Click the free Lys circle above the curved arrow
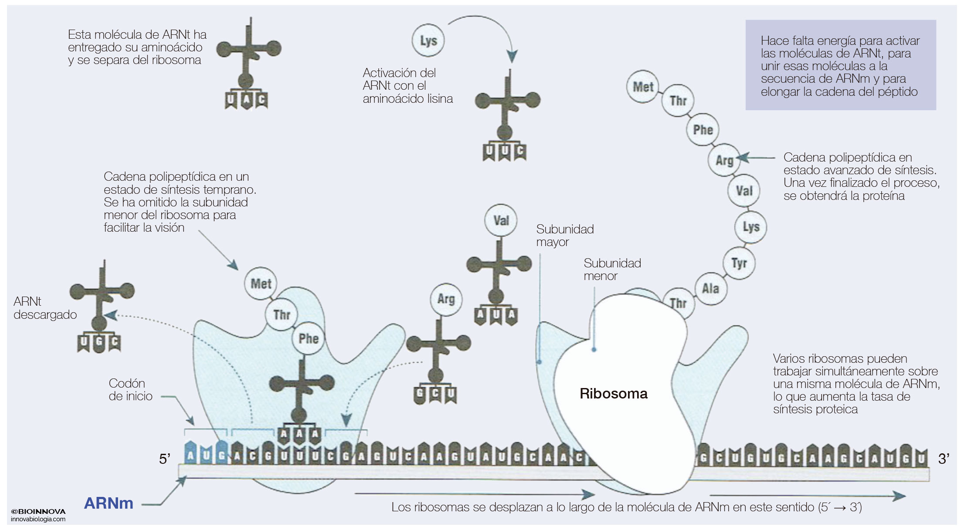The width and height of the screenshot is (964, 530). (428, 41)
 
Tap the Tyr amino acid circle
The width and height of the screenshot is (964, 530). (739, 263)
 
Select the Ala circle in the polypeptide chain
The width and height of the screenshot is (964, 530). (710, 288)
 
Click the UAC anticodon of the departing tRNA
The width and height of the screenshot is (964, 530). (246, 101)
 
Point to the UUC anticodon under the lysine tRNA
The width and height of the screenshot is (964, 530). (504, 152)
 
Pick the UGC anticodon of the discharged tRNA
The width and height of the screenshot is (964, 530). (99, 342)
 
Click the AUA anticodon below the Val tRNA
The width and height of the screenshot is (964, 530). (496, 315)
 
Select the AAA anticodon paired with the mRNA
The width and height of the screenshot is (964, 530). (299, 434)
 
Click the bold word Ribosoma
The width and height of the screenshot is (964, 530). (613, 394)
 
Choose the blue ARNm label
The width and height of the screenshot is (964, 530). (109, 503)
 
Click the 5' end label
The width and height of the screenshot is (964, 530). (164, 459)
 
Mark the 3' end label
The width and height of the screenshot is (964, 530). (944, 459)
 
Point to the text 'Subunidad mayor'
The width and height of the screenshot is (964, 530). (564, 235)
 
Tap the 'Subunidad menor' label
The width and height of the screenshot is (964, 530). (612, 269)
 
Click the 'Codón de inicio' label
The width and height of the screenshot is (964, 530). (130, 389)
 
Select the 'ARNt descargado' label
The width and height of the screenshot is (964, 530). (45, 308)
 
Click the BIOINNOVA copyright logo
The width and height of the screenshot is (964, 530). (38, 512)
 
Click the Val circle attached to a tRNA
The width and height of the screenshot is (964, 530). (501, 220)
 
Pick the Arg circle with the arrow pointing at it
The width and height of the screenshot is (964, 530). (724, 160)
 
